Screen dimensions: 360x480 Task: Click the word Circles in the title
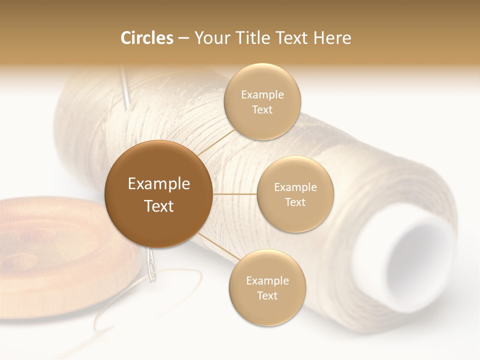[146, 38]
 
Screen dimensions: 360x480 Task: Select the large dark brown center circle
[158, 194]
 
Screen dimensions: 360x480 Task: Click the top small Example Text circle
[262, 101]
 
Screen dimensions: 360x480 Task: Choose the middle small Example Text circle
[295, 194]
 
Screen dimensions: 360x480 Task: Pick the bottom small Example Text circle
[267, 287]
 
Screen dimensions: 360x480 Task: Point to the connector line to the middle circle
[234, 194]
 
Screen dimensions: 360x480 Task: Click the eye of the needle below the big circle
[150, 262]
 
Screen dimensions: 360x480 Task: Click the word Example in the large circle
[158, 184]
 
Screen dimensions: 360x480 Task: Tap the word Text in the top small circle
[262, 109]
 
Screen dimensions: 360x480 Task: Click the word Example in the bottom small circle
[267, 280]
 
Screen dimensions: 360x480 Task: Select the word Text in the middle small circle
[295, 202]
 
